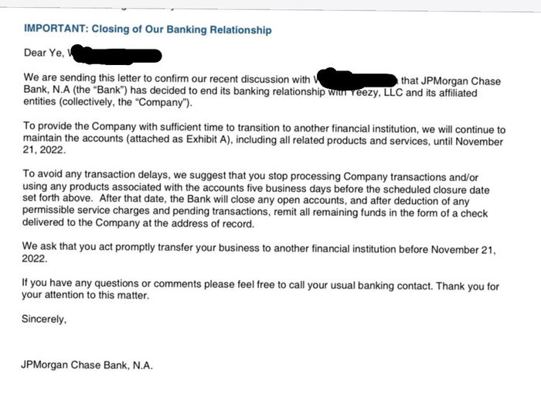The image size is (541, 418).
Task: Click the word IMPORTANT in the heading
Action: [x=55, y=30]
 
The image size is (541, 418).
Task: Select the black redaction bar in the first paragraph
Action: [x=356, y=80]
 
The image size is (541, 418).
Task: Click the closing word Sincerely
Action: [x=44, y=319]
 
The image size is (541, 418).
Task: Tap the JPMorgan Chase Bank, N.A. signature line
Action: [x=87, y=365]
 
